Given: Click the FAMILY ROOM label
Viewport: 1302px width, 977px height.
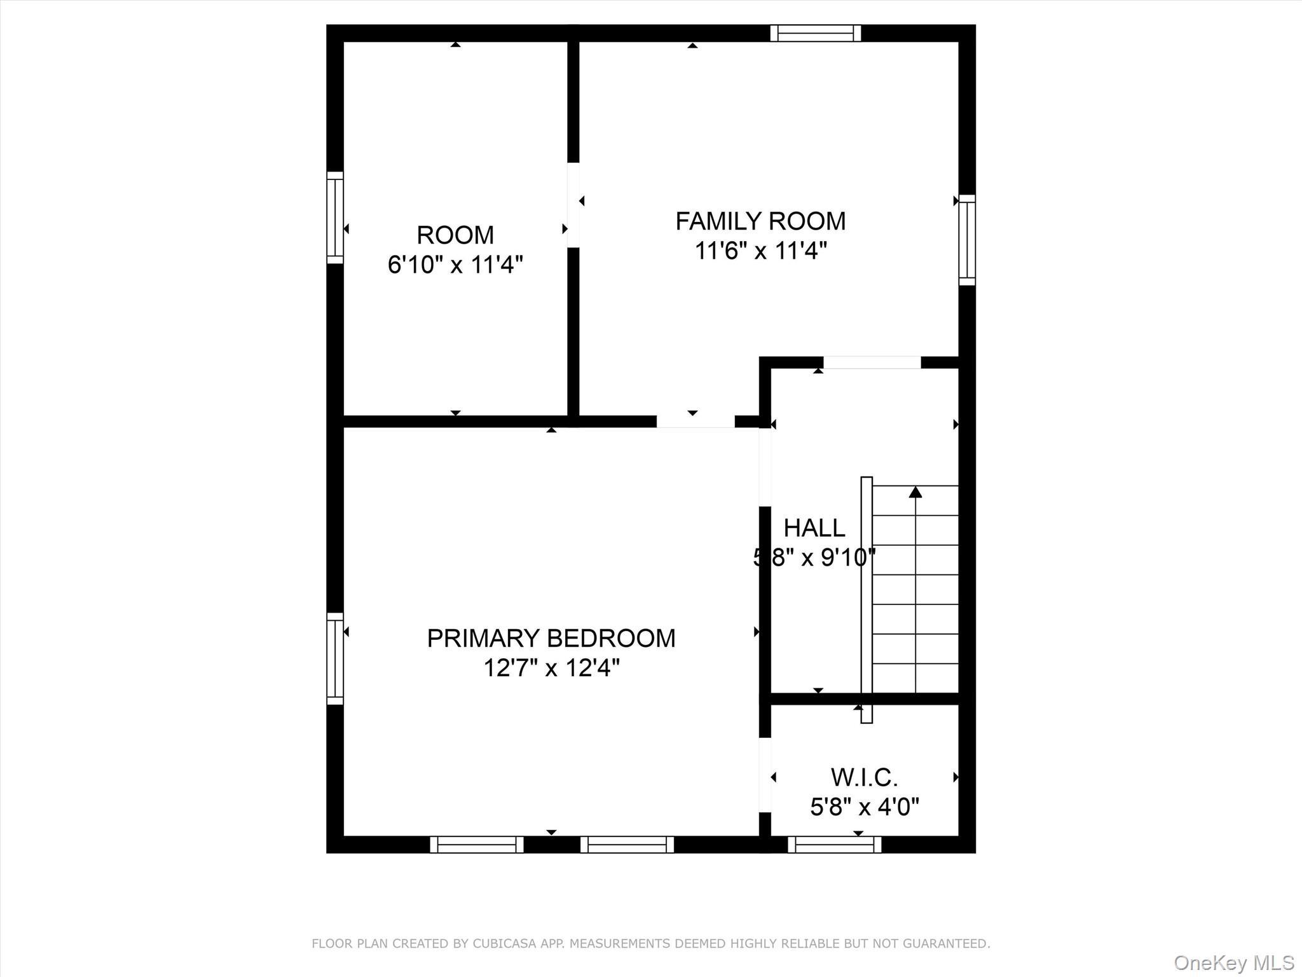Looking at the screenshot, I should pyautogui.click(x=760, y=221).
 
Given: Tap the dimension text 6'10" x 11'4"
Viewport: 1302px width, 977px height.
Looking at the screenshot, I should pyautogui.click(x=455, y=264).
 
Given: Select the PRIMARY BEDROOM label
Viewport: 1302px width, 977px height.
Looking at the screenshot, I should pyautogui.click(x=551, y=638).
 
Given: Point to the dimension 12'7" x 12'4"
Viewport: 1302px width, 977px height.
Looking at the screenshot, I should pyautogui.click(x=551, y=668).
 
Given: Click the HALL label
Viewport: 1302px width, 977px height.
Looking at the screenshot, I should pyautogui.click(x=814, y=528).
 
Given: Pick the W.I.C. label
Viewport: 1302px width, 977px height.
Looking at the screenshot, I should pyautogui.click(x=864, y=777).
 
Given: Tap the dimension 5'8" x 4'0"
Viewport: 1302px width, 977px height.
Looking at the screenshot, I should pyautogui.click(x=864, y=807).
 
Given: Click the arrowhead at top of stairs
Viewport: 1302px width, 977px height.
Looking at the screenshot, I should pyautogui.click(x=915, y=492).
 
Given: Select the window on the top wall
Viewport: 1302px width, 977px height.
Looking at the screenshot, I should pyautogui.click(x=816, y=33).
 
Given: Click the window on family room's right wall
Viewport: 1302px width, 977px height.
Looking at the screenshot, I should pyautogui.click(x=966, y=240).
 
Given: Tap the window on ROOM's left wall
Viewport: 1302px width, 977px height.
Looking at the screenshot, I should pyautogui.click(x=335, y=218).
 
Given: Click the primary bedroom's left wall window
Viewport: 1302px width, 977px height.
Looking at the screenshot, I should pyautogui.click(x=335, y=658).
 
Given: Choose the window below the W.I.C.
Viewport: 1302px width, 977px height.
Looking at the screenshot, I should pyautogui.click(x=834, y=844).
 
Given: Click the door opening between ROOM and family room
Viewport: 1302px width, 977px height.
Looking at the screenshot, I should pyautogui.click(x=573, y=205).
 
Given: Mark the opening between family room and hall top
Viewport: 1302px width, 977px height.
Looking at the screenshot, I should pyautogui.click(x=872, y=363).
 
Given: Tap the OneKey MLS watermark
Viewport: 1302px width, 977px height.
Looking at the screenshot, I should pyautogui.click(x=1233, y=962).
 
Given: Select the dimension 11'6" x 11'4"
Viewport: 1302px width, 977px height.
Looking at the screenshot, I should pyautogui.click(x=760, y=251).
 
